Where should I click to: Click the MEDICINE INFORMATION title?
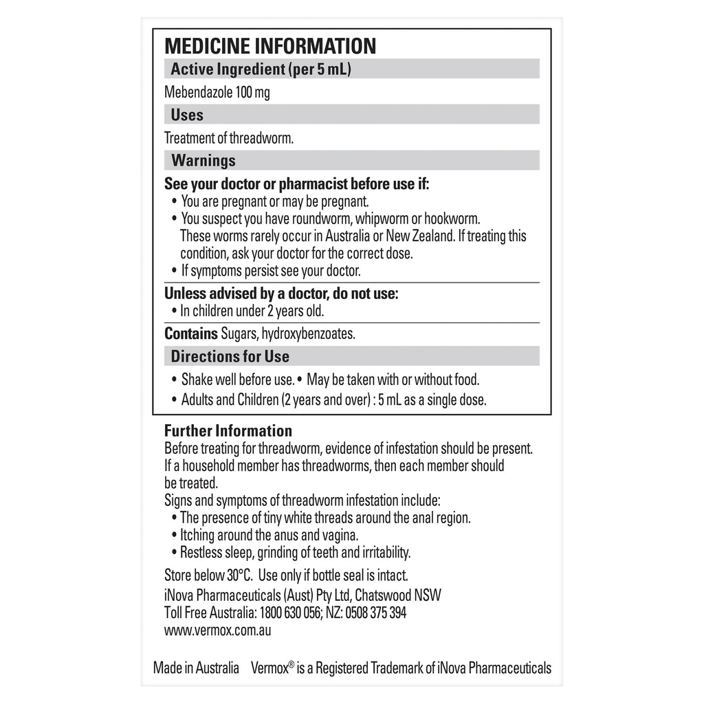270,46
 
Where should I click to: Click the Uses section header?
187,115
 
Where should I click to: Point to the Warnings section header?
203,161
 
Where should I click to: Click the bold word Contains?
190,334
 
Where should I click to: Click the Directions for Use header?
230,357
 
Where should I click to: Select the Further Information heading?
228,431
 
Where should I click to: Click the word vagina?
339,535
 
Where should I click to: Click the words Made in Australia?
196,668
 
